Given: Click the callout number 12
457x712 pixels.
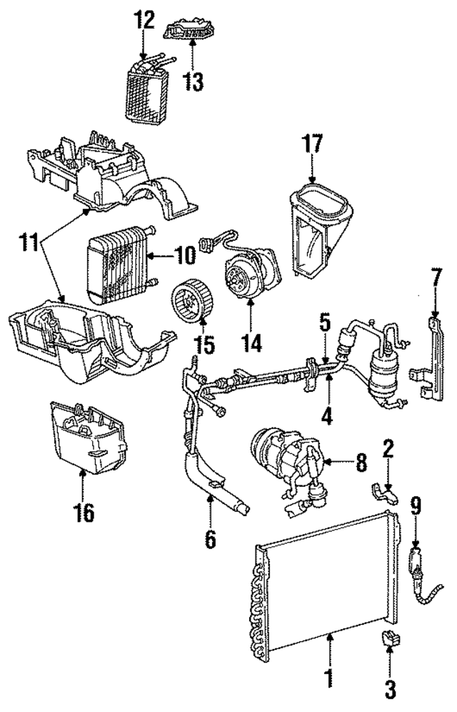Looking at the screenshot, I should click(145, 19).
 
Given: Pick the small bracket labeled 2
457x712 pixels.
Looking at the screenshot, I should click(382, 491).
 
